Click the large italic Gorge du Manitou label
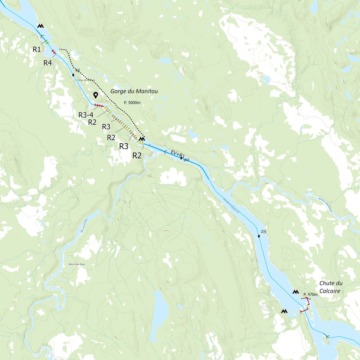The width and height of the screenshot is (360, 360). (x=134, y=91)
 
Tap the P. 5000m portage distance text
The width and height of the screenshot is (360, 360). (x=132, y=103)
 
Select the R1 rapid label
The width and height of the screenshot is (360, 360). (x=37, y=49)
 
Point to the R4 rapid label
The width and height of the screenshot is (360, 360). (x=48, y=63)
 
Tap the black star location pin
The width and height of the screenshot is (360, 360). (x=95, y=95)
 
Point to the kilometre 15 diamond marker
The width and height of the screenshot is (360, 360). (x=73, y=75)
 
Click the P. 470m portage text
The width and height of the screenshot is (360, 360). (x=310, y=295)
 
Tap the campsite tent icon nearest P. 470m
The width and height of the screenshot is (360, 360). (x=296, y=292)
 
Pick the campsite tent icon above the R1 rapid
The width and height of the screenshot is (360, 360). (x=40, y=26)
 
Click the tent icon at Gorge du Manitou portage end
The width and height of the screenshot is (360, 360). (x=142, y=139)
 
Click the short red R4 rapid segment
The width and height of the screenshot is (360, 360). (x=53, y=52)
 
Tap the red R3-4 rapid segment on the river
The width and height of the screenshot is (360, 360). (x=99, y=106)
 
